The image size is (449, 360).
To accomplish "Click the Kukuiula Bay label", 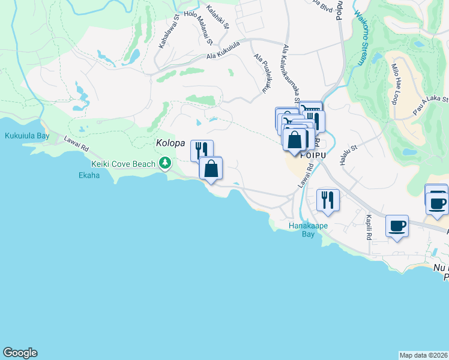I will coord(27,136).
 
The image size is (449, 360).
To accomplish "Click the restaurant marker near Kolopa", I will coord(202,150).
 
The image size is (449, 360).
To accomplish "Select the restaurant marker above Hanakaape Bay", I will coord(328,199).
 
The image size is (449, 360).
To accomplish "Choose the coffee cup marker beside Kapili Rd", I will coord(397,226).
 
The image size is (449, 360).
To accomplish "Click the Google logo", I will coord(20,353).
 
